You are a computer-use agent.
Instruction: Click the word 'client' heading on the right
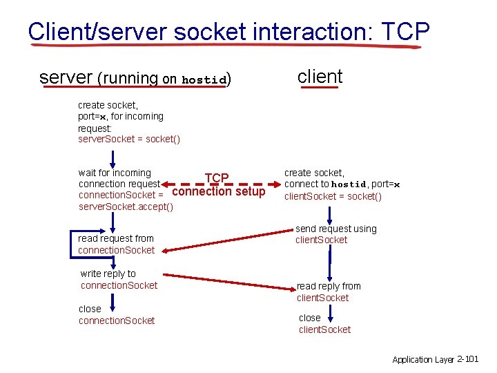pyautogui.click(x=320, y=76)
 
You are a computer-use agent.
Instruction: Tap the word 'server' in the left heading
pyautogui.click(x=66, y=77)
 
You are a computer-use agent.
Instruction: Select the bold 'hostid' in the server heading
pyautogui.click(x=204, y=80)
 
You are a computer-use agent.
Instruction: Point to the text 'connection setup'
pyautogui.click(x=218, y=191)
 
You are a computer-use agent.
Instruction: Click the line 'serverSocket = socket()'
pyautogui.click(x=129, y=140)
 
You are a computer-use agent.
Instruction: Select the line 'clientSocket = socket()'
pyautogui.click(x=333, y=196)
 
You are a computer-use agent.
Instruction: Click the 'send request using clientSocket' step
pyautogui.click(x=335, y=234)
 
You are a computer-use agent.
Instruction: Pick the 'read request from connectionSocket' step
pyautogui.click(x=116, y=244)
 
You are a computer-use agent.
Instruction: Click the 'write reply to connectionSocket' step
pyautogui.click(x=119, y=280)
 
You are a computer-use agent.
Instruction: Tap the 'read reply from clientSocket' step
pyautogui.click(x=329, y=291)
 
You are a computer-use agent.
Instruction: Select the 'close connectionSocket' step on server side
pyautogui.click(x=116, y=315)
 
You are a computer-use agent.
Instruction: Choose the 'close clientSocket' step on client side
pyautogui.click(x=324, y=324)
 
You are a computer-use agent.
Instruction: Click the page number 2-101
pyautogui.click(x=468, y=359)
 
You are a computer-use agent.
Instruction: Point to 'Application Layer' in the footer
pyautogui.click(x=423, y=359)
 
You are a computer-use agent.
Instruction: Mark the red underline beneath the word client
pyautogui.click(x=320, y=88)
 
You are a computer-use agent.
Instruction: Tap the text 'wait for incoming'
pyautogui.click(x=115, y=173)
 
